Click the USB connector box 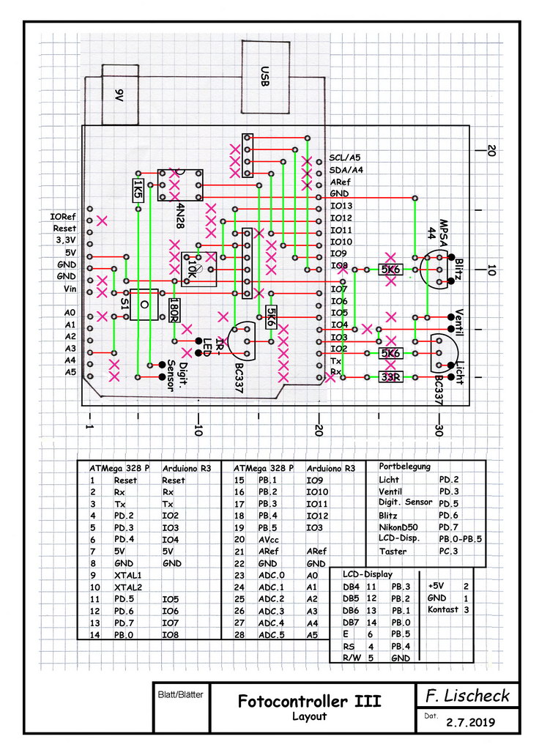click(x=264, y=75)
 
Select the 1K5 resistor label click(x=137, y=190)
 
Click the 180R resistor click(x=174, y=310)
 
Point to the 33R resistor click(x=390, y=377)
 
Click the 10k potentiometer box click(x=198, y=268)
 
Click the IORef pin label click(x=63, y=217)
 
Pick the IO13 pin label click(x=342, y=207)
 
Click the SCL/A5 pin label click(x=345, y=157)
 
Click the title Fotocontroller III click(x=309, y=702)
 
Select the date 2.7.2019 click(x=470, y=721)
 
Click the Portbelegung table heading click(x=405, y=466)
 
